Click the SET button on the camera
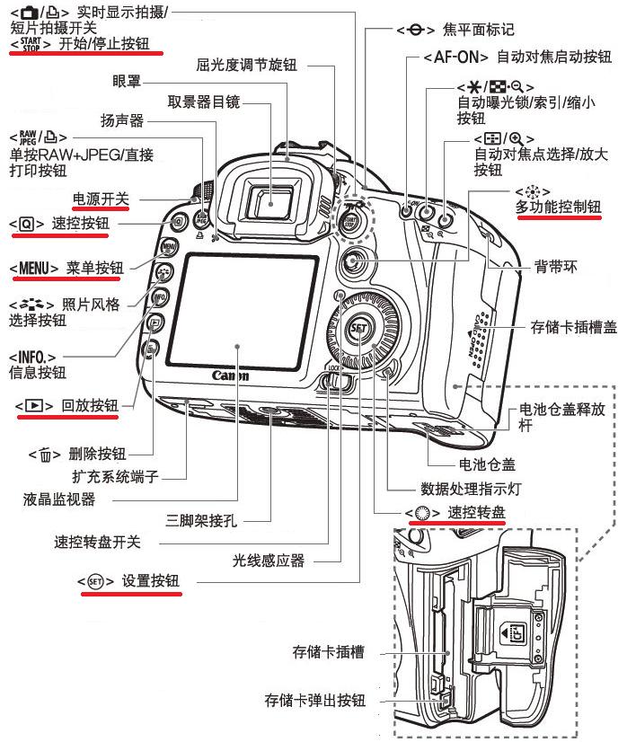[359, 328]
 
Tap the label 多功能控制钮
[558, 208]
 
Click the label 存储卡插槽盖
[572, 329]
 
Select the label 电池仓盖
[484, 465]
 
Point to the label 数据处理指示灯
[470, 490]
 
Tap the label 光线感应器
[268, 561]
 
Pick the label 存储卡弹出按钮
[314, 700]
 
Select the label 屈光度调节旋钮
[246, 66]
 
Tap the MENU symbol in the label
[33, 268]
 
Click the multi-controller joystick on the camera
[356, 262]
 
